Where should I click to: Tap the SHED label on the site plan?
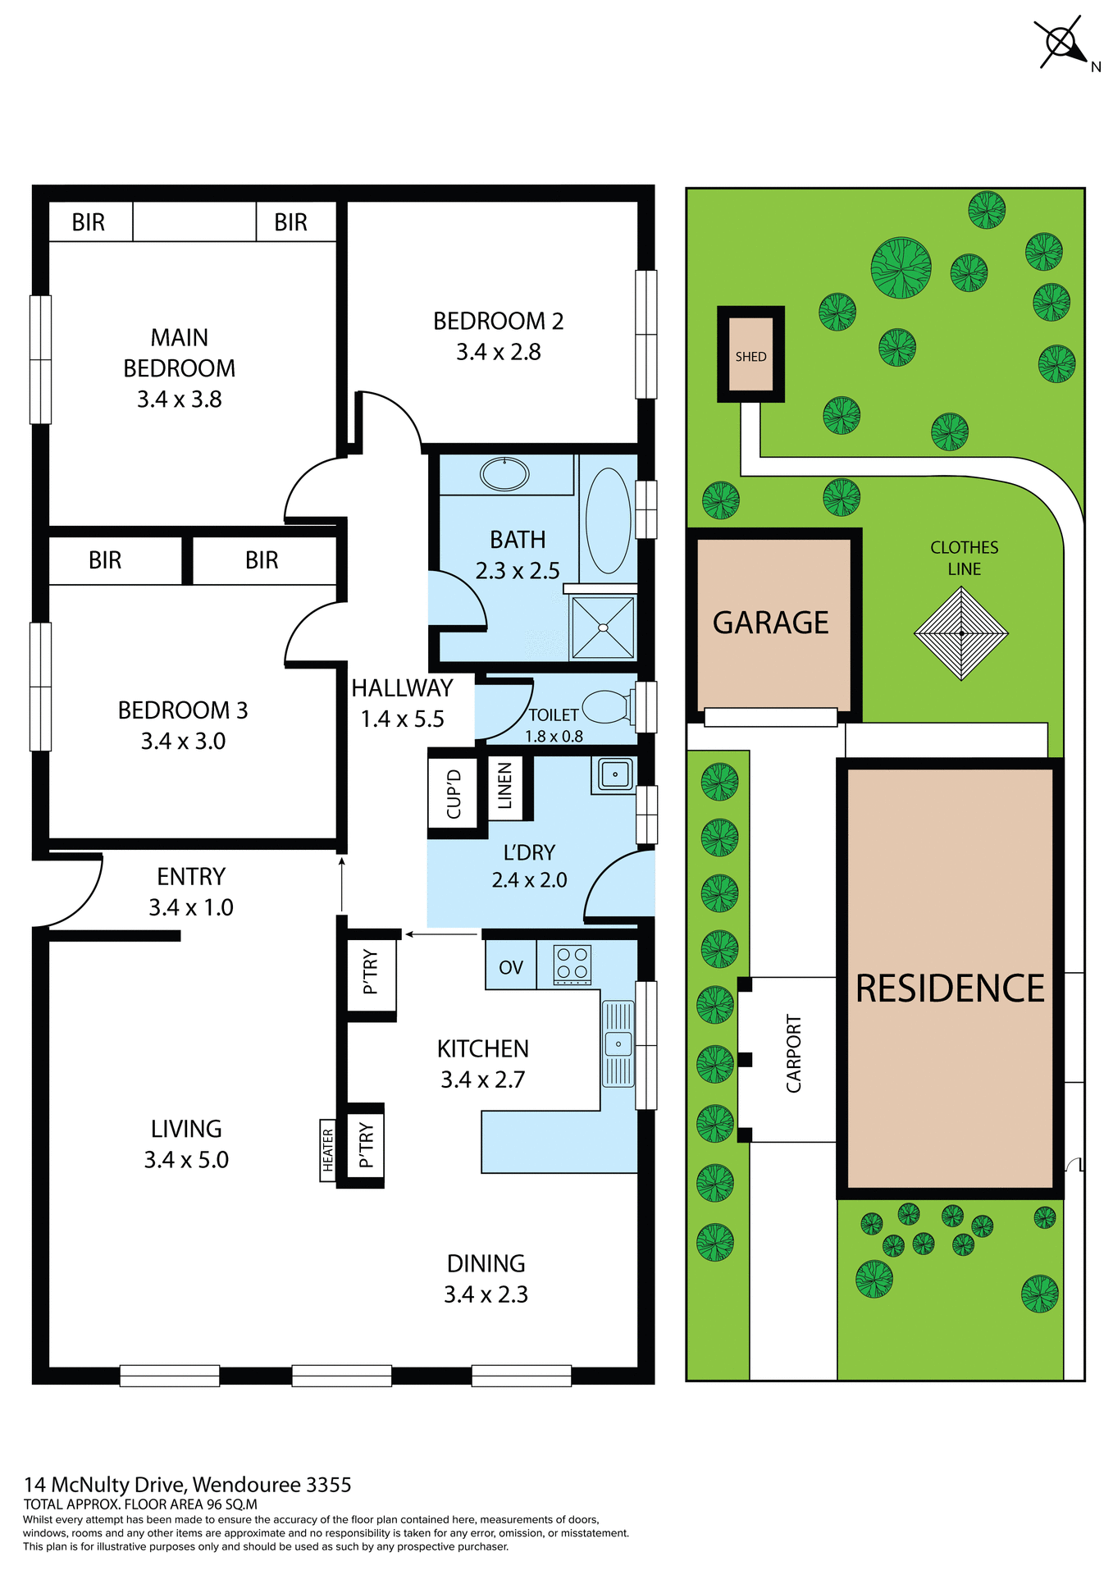pyautogui.click(x=750, y=357)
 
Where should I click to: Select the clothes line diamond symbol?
pyautogui.click(x=960, y=633)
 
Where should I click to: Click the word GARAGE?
pyautogui.click(x=770, y=623)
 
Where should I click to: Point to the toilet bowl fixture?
pyautogui.click(x=607, y=706)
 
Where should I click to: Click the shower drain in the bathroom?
pyautogui.click(x=603, y=628)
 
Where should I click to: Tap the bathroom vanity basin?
pyautogui.click(x=504, y=474)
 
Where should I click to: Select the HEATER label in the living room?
pyautogui.click(x=328, y=1150)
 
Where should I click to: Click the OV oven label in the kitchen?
pyautogui.click(x=510, y=968)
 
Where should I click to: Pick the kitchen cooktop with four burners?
pyautogui.click(x=572, y=965)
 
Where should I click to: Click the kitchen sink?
pyautogui.click(x=618, y=1043)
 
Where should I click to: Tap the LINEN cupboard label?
pyautogui.click(x=504, y=786)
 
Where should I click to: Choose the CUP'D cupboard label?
pyautogui.click(x=454, y=793)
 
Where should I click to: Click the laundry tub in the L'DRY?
pyautogui.click(x=614, y=774)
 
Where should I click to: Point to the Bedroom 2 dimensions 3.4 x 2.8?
pyautogui.click(x=498, y=352)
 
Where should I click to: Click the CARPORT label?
pyautogui.click(x=793, y=1054)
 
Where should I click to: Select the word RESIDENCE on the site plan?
pyautogui.click(x=950, y=988)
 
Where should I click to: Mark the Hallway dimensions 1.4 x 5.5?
pyautogui.click(x=402, y=719)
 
